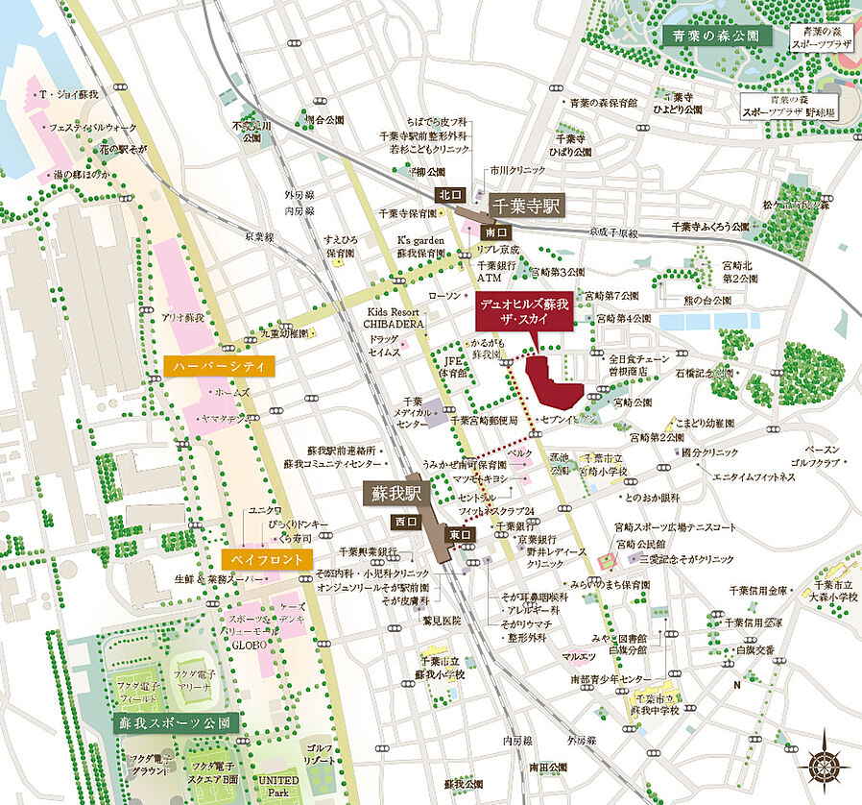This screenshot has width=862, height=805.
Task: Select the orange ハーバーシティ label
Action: click(220, 366)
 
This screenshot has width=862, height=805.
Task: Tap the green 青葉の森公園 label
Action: click(716, 36)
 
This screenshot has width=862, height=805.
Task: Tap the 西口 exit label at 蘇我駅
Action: click(404, 521)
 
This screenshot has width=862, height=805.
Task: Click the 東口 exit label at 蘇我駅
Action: click(459, 535)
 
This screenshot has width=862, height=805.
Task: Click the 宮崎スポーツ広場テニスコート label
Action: click(676, 527)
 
